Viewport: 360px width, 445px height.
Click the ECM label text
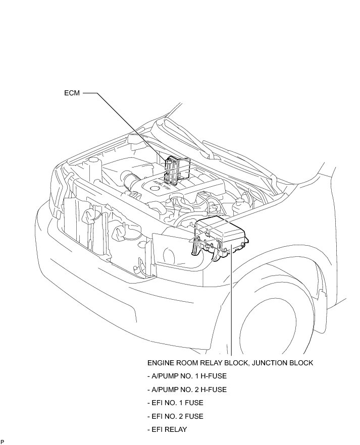72,93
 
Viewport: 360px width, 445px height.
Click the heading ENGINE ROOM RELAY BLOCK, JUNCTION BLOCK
230,363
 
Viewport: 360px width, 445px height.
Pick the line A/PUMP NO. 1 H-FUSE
187,376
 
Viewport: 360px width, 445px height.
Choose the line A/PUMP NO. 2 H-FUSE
187,390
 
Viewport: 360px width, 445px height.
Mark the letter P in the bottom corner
3,441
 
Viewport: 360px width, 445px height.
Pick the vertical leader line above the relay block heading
231,303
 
